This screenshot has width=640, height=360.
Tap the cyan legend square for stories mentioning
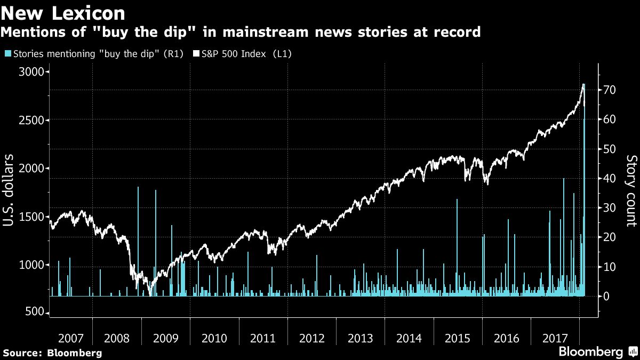pos(6,54)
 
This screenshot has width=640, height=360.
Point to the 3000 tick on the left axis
pos(31,72)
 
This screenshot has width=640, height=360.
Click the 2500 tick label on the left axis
pos(31,120)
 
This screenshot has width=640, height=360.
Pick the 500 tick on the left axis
pos(35,313)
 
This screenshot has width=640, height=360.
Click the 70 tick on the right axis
pos(610,90)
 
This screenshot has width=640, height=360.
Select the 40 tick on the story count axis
pos(610,178)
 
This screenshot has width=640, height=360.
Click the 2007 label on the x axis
pos(70,338)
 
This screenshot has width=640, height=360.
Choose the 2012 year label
pos(313,338)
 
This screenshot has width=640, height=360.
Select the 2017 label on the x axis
pos(555,338)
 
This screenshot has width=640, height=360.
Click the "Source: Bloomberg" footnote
pos(52,353)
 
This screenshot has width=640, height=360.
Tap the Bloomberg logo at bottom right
pos(597,352)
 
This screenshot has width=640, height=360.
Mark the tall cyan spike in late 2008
pos(138,240)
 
